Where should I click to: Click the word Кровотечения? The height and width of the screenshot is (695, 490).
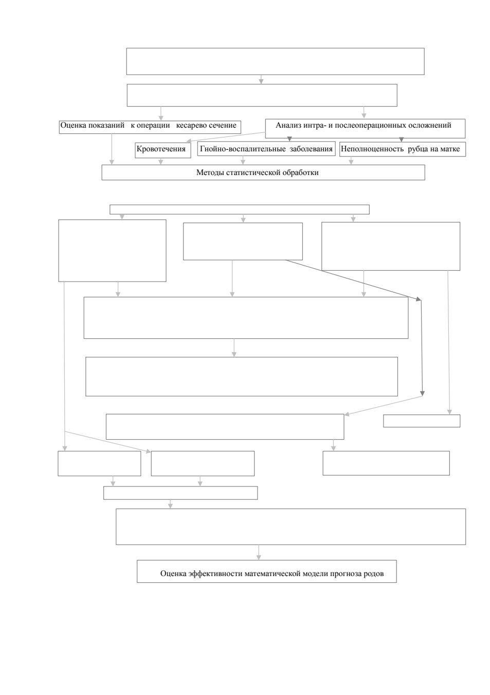point(161,149)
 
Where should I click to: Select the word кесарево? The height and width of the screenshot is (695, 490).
point(191,125)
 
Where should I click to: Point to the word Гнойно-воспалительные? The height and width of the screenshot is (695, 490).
point(243,149)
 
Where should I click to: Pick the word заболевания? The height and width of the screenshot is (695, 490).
point(311,149)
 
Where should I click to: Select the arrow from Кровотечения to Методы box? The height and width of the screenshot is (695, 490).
point(160,161)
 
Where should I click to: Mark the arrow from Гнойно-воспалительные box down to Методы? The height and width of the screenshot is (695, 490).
point(243,160)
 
